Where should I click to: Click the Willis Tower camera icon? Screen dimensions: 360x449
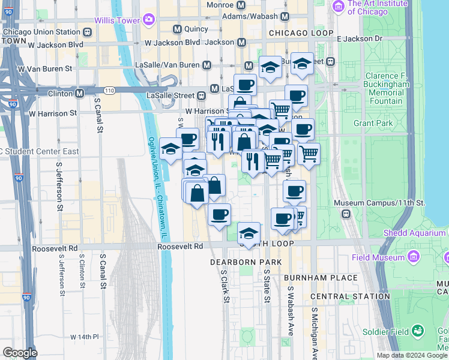point(148,19)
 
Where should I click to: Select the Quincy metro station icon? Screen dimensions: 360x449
point(177,29)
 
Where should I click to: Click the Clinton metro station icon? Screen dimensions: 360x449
point(79,94)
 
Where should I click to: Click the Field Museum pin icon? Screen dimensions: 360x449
point(412,257)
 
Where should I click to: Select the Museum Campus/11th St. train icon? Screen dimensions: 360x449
point(346,214)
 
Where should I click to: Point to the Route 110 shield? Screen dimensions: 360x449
point(109,90)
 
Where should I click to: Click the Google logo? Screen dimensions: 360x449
point(20,353)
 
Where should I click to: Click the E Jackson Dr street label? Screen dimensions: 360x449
point(359,38)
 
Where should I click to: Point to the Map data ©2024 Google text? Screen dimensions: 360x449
point(412,355)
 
